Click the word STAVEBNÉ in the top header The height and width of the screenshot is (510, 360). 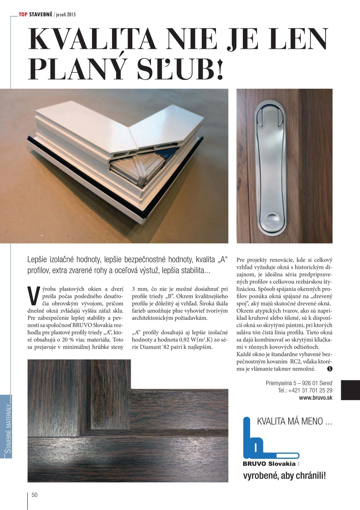point(41,15)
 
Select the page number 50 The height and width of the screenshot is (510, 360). point(35,495)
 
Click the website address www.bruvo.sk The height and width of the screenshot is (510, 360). point(316,398)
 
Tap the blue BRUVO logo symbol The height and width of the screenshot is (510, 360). point(258,439)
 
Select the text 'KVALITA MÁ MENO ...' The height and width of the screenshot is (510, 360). point(294,421)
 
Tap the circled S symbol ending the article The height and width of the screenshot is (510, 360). point(330,369)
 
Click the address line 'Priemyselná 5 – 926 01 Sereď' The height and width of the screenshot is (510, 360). point(299,383)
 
